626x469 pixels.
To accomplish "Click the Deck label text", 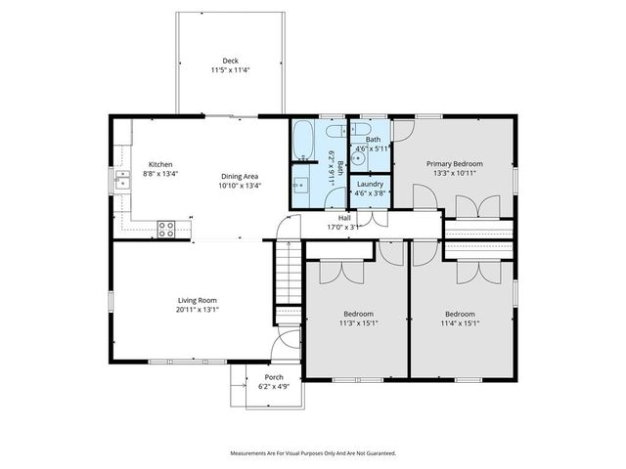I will tap(230, 61).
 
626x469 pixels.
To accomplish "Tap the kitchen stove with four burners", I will tap(166, 230).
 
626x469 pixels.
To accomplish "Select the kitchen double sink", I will tap(123, 179).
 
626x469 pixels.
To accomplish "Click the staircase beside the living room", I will tap(288, 273).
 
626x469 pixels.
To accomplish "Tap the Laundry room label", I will tap(370, 184).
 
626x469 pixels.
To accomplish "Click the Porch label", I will tap(274, 377).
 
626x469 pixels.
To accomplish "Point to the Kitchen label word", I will tap(160, 164).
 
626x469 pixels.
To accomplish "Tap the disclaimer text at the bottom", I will tap(313, 453).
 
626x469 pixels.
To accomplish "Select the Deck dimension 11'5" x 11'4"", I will tap(230, 70).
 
